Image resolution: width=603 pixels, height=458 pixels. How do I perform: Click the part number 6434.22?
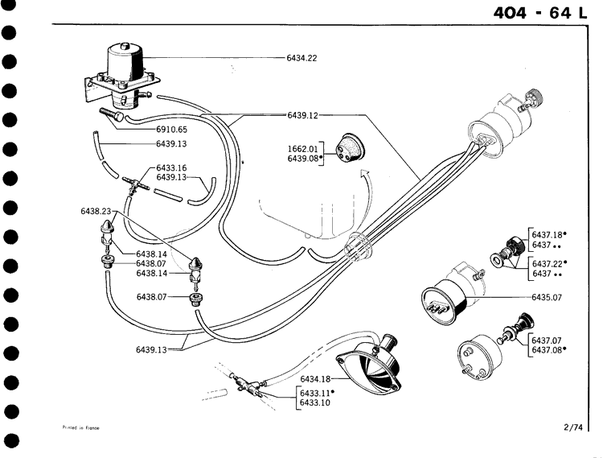[302, 58]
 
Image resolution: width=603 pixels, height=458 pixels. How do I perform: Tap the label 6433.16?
[171, 168]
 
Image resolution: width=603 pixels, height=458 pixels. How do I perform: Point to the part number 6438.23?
[96, 211]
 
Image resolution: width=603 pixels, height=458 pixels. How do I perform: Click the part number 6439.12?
[302, 115]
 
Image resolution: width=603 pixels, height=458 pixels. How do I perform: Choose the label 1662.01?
[303, 149]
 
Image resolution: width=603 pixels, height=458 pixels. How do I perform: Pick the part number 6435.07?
[547, 297]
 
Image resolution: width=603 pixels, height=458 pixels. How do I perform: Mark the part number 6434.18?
[316, 379]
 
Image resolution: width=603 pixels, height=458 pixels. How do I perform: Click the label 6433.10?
[314, 402]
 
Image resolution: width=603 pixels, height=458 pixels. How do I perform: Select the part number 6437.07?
[547, 340]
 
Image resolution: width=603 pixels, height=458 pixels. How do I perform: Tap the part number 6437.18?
[547, 234]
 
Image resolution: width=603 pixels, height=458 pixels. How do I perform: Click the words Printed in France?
[80, 428]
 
